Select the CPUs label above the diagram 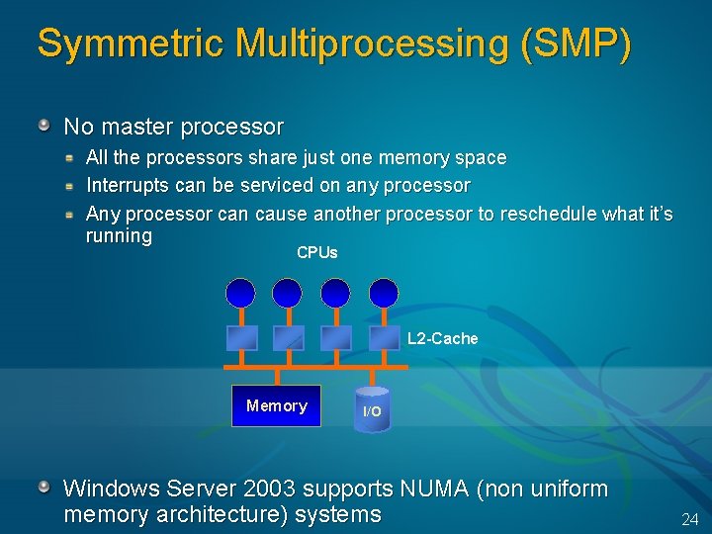tap(316, 252)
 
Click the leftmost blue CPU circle tap(240, 293)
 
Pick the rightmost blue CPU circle tap(384, 293)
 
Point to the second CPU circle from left tap(287, 293)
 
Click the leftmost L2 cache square tap(242, 337)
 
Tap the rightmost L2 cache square tap(383, 337)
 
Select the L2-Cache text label tap(442, 339)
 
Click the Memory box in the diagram tap(276, 405)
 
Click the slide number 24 tap(689, 519)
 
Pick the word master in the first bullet tap(133, 127)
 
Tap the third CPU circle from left tap(335, 293)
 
